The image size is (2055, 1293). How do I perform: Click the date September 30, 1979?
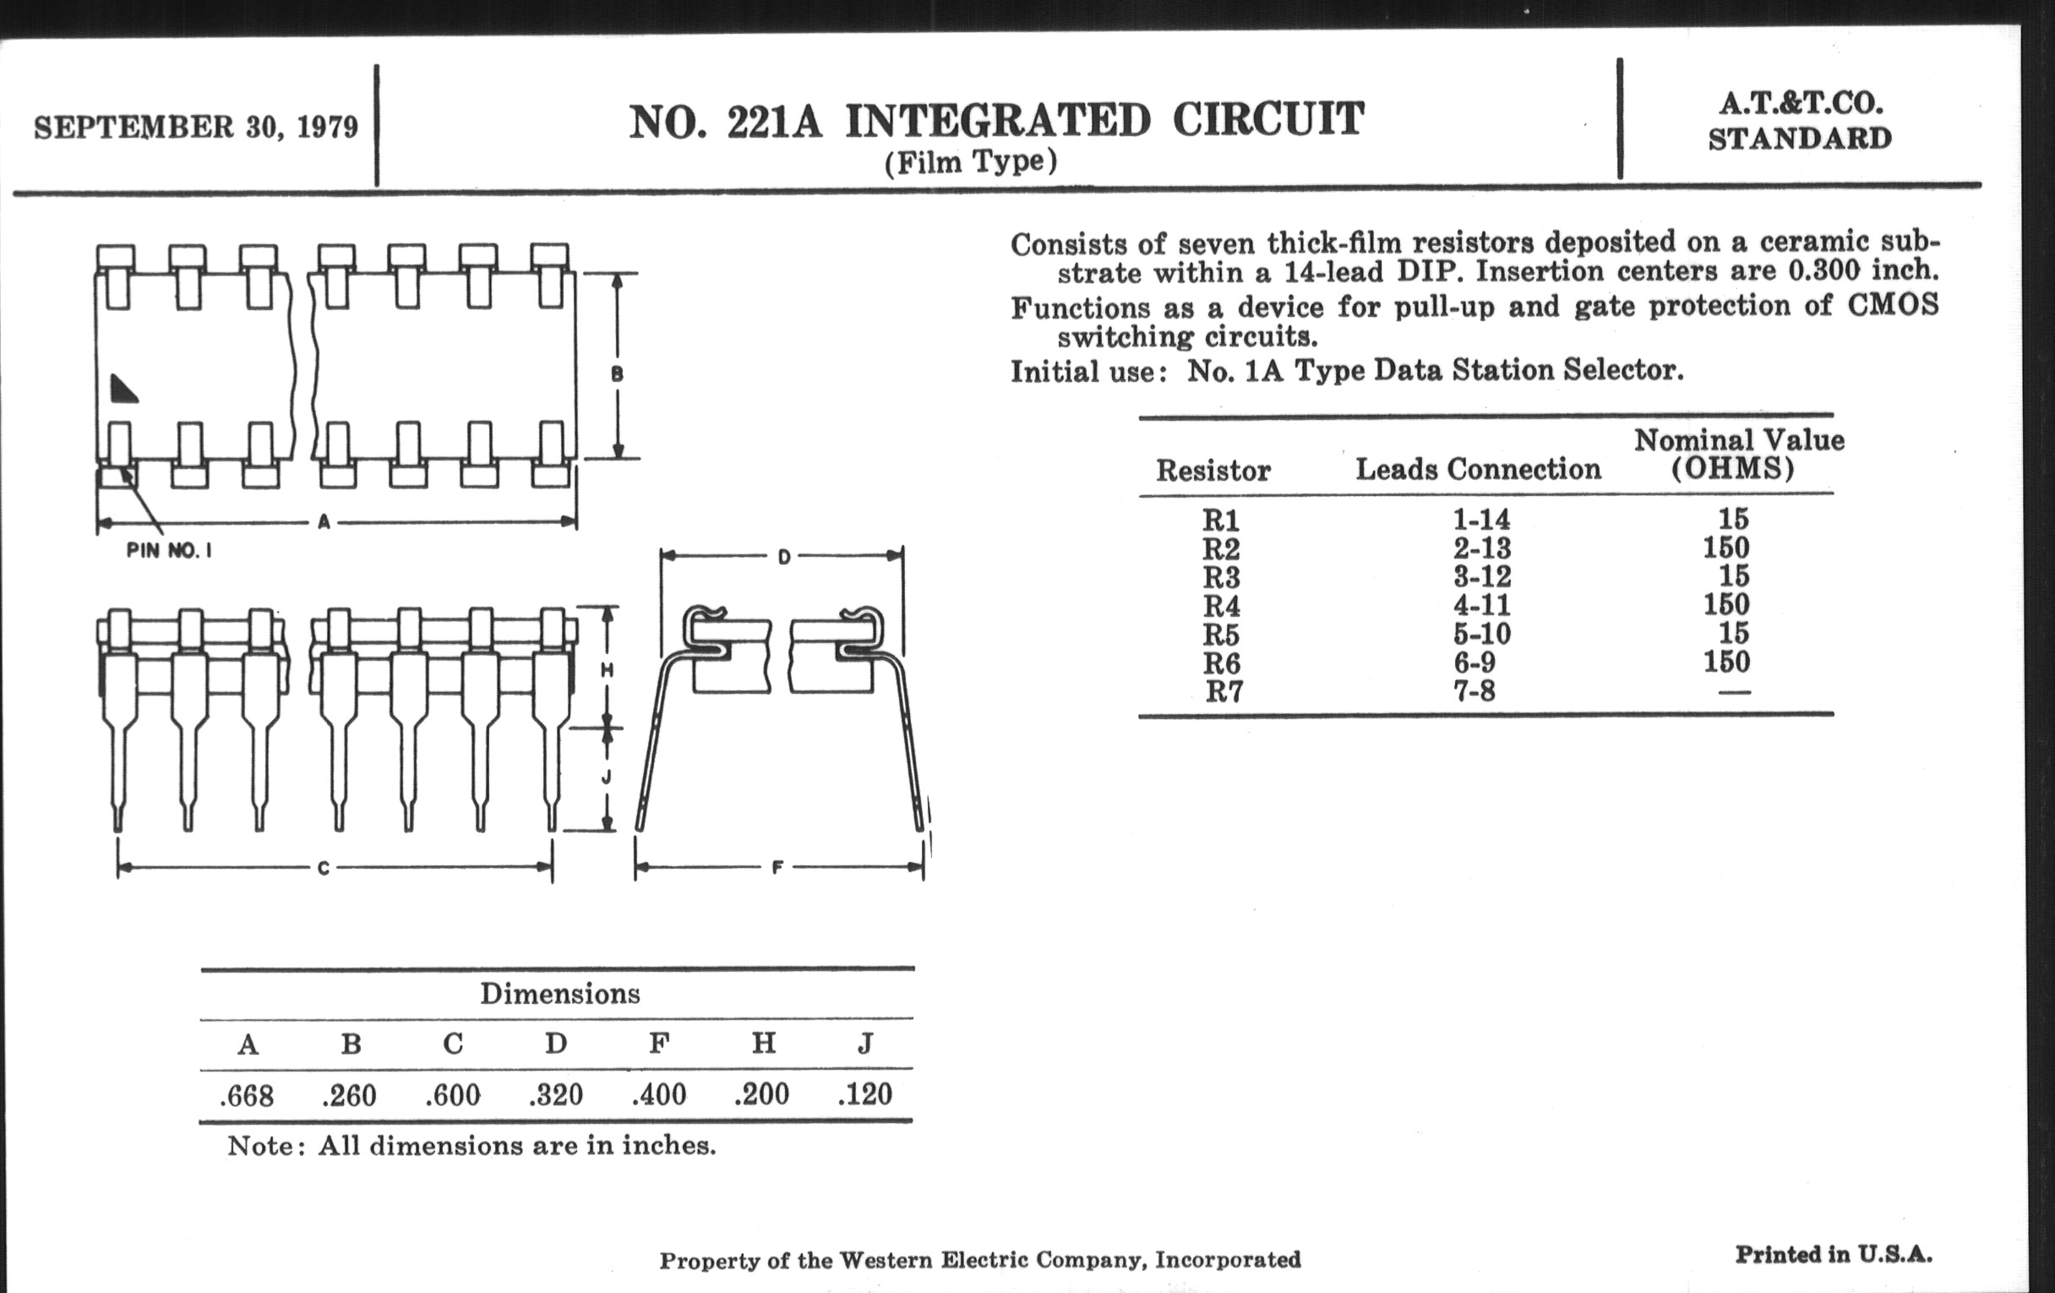[195, 127]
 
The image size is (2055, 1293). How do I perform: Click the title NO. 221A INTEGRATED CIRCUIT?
[996, 121]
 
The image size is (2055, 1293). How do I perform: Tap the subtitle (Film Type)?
[970, 161]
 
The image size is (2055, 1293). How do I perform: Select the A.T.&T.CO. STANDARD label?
[1800, 120]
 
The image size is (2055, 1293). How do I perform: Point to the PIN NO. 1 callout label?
[169, 550]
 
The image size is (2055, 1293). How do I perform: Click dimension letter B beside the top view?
[617, 374]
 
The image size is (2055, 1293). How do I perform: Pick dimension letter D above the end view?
[783, 557]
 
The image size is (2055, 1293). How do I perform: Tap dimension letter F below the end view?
[777, 868]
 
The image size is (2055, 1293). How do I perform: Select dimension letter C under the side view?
[323, 869]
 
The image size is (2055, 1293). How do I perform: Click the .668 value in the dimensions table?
[247, 1095]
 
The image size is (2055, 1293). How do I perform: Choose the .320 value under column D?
[555, 1094]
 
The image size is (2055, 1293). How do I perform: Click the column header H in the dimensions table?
[763, 1043]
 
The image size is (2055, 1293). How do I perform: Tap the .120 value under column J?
[864, 1094]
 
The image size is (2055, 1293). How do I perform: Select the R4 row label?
[1221, 606]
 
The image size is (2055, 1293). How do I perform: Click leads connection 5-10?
[1482, 634]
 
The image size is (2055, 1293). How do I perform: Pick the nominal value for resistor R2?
[1725, 548]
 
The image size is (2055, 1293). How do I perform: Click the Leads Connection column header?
[1478, 468]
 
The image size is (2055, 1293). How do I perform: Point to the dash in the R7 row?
[1733, 691]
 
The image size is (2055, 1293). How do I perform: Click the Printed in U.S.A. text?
[1833, 1255]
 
